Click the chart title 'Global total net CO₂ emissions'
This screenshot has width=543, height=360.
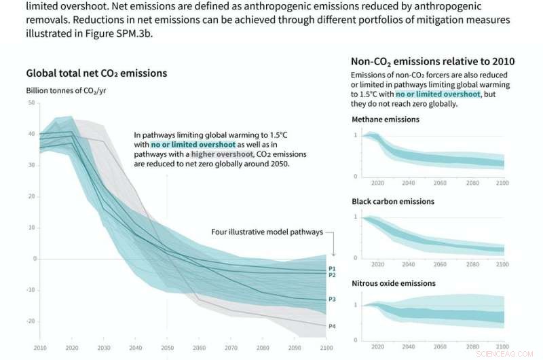pos(96,73)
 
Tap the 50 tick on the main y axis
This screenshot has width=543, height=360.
pos(31,103)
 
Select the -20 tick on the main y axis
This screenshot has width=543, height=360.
pos(30,321)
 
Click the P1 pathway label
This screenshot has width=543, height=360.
pos(332,268)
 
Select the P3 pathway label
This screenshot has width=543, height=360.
pos(332,299)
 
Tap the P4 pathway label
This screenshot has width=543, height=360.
pos(332,327)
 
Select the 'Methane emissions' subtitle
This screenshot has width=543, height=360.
pos(385,120)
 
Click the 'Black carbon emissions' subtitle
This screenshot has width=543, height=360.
pos(393,202)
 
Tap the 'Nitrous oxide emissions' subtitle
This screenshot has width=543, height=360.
pos(394,283)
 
